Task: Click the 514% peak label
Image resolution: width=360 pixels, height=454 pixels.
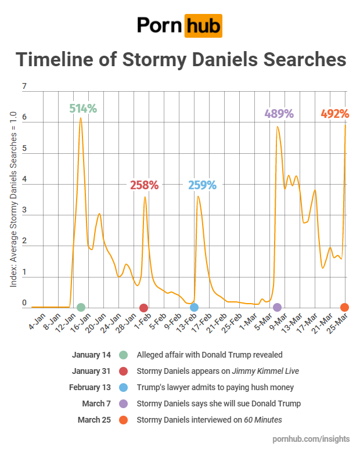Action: click(x=83, y=109)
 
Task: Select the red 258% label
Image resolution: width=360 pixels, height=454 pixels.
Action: click(x=144, y=185)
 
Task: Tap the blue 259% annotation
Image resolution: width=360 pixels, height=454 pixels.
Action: click(x=202, y=185)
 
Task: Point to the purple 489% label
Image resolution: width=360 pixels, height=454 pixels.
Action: click(x=279, y=114)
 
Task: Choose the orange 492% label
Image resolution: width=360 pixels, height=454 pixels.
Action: click(x=335, y=114)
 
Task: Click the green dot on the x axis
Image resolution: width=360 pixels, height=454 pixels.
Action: click(x=81, y=307)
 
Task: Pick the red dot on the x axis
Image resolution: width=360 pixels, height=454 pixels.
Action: click(x=144, y=307)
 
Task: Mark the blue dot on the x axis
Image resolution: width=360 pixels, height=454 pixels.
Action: click(x=194, y=307)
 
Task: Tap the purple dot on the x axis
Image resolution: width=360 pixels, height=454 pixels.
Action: click(x=277, y=307)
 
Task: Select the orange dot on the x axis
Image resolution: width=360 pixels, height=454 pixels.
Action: click(x=344, y=307)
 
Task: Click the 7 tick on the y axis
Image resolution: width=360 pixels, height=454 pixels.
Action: click(x=24, y=88)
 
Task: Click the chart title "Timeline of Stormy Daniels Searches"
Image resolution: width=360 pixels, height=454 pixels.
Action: click(x=180, y=60)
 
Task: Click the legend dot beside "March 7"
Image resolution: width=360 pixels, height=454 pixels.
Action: click(x=123, y=403)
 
